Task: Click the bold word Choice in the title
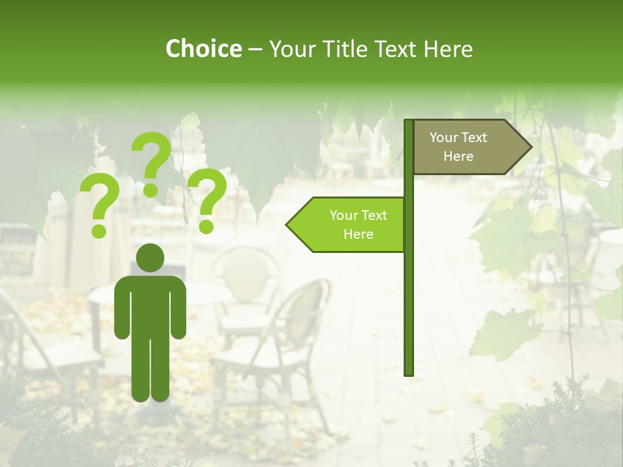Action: (x=203, y=49)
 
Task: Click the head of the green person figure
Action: (x=151, y=258)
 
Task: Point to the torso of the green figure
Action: (x=151, y=305)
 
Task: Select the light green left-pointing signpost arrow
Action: (x=350, y=224)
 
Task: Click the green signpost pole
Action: (x=409, y=292)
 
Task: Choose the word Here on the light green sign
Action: (x=358, y=234)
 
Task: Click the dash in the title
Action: (x=255, y=49)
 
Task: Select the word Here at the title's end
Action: (x=448, y=49)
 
